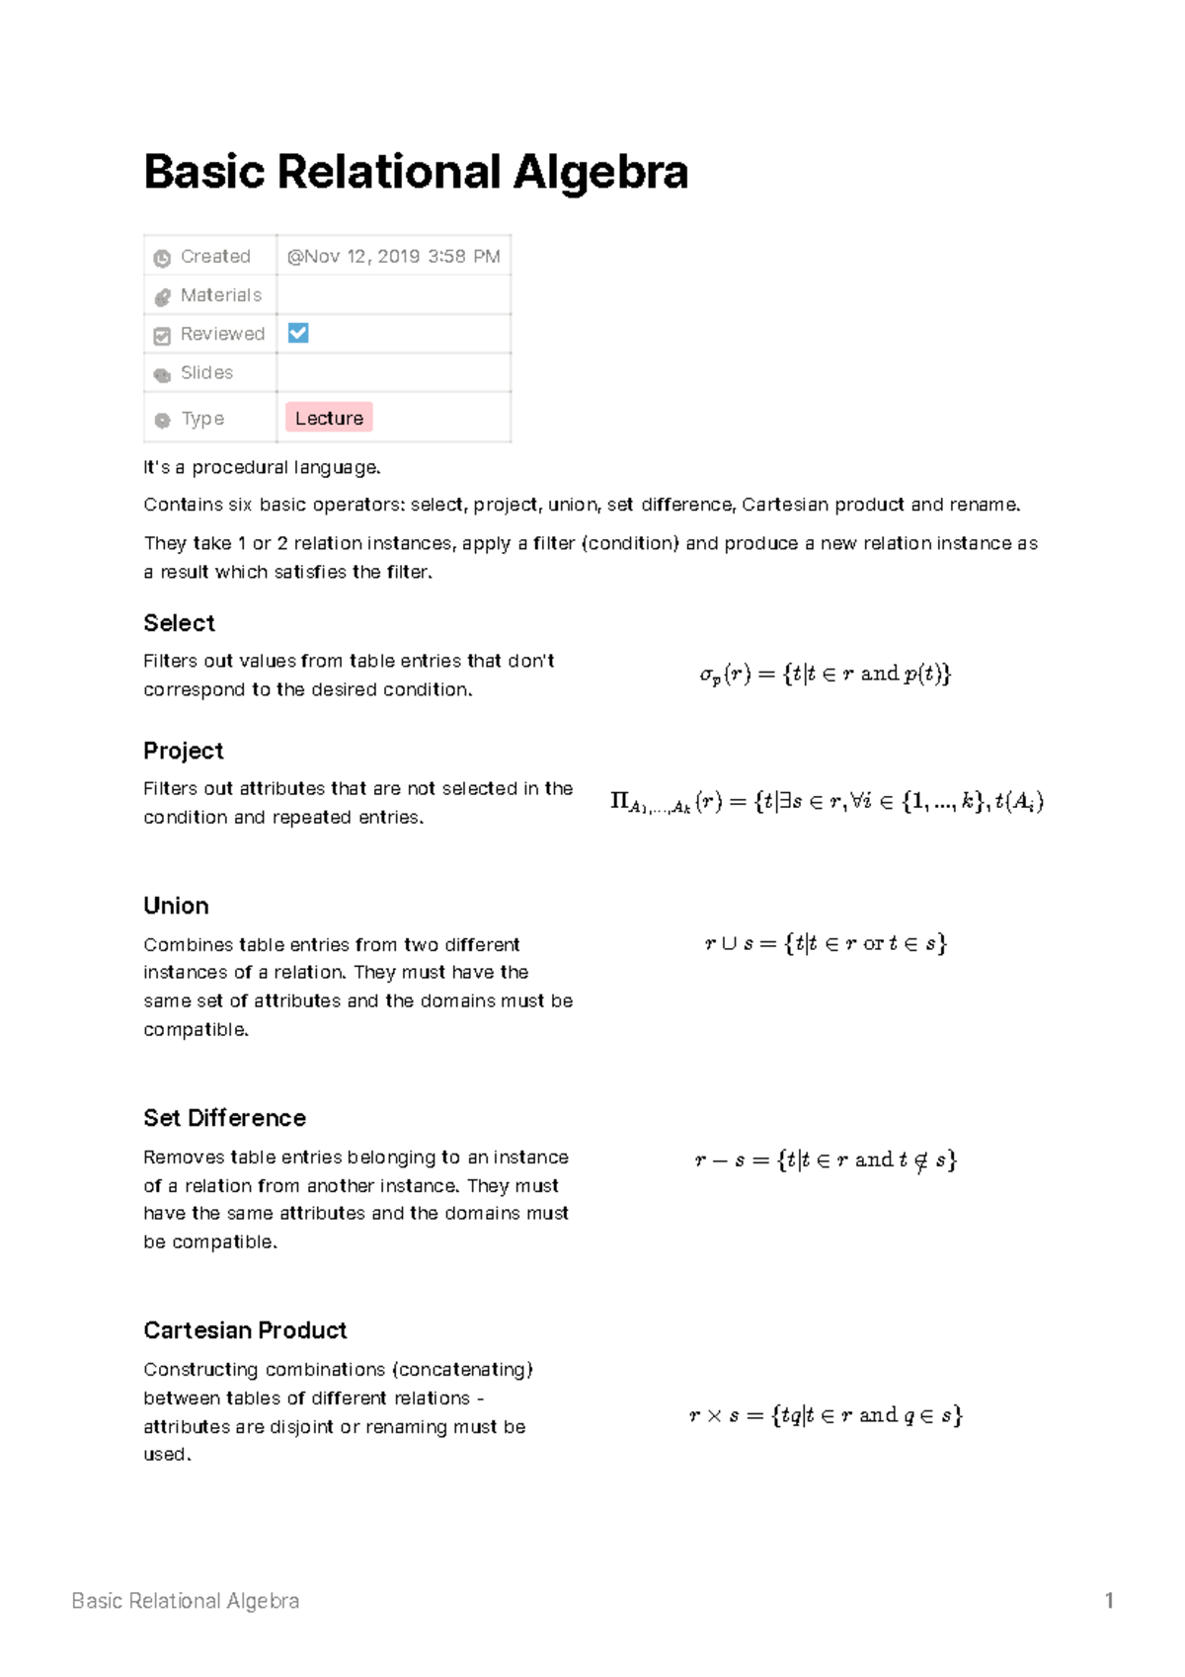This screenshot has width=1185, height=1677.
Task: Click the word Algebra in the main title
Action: [x=599, y=173]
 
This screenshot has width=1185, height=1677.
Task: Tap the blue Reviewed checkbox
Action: [x=298, y=333]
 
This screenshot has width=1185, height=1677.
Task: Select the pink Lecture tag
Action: [x=329, y=418]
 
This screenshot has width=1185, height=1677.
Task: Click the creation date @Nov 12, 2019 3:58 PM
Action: [x=393, y=257]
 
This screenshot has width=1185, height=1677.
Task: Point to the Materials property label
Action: [x=220, y=295]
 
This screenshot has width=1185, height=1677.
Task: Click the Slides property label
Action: [x=206, y=372]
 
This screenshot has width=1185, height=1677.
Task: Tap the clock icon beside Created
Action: [x=162, y=258]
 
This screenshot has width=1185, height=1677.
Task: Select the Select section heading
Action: [x=179, y=623]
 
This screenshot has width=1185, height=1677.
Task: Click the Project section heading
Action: [x=183, y=751]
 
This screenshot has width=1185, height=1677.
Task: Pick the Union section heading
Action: [x=176, y=906]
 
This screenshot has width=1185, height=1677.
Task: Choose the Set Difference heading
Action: [x=224, y=1118]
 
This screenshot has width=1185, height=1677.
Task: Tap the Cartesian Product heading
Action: [x=245, y=1330]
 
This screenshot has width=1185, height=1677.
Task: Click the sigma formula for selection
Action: [x=825, y=675]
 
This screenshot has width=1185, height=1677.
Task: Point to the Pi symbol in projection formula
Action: [x=620, y=801]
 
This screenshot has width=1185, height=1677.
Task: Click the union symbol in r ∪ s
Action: [x=729, y=944]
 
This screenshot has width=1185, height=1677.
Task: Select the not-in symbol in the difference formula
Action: [x=920, y=1160]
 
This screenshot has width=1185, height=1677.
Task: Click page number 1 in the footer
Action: [x=1109, y=1601]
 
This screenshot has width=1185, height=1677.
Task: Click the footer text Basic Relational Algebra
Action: [x=186, y=1601]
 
